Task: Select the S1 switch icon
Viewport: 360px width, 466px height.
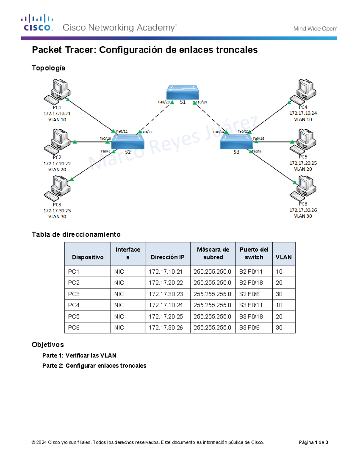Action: (183, 92)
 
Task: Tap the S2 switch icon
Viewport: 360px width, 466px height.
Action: (128, 141)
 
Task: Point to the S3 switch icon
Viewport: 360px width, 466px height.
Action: (236, 141)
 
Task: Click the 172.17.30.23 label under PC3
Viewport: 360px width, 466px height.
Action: (57, 211)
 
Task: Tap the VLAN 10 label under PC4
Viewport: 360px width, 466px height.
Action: (303, 119)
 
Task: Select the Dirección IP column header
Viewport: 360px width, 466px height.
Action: (167, 257)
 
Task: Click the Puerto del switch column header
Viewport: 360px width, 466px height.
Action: (254, 254)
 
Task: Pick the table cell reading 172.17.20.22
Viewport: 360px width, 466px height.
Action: (166, 283)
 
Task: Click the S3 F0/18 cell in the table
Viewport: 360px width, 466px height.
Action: (251, 316)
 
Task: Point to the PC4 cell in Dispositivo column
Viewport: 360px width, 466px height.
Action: (74, 305)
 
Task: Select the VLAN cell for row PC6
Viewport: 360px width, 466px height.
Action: (279, 328)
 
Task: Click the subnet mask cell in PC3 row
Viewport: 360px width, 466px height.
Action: (212, 294)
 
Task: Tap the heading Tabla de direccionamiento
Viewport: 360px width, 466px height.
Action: (76, 234)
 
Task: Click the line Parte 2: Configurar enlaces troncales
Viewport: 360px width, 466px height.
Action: (94, 365)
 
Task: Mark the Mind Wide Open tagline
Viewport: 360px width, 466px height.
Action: (315, 29)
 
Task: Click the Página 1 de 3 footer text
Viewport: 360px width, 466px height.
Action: (313, 442)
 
